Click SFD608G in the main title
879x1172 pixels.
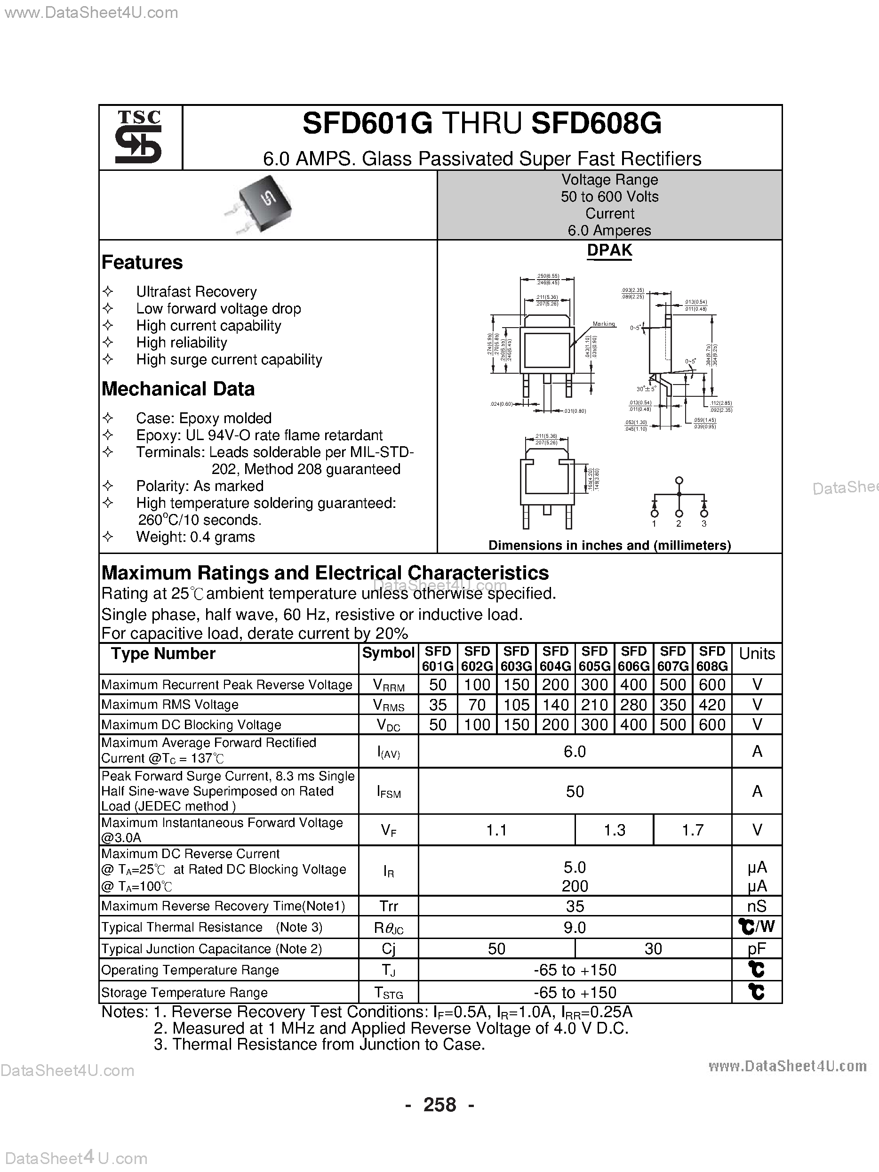(596, 123)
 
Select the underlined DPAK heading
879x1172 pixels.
(609, 250)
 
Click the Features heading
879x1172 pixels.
(142, 262)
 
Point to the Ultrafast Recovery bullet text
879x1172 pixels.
(196, 291)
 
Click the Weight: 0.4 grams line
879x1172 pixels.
(195, 537)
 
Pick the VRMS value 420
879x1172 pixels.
(711, 705)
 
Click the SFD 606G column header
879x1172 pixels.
(633, 658)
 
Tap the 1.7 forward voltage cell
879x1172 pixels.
(692, 830)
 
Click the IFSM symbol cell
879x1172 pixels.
(388, 792)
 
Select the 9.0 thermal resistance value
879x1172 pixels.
(575, 927)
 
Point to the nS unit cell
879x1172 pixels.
(757, 906)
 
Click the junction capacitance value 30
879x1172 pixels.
(653, 948)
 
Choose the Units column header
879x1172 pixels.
(757, 654)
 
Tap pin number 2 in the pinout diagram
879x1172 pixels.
(679, 524)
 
